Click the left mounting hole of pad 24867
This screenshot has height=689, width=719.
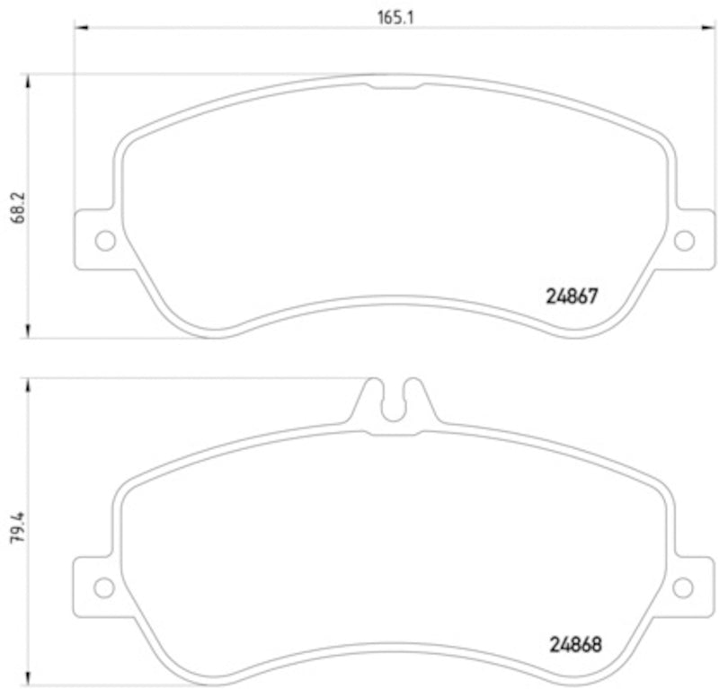[105, 240]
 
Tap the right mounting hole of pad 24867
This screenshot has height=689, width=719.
[684, 240]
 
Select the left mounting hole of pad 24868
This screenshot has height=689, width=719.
[105, 587]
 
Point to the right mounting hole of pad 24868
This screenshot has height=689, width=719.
[683, 587]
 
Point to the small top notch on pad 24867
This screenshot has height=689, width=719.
[394, 85]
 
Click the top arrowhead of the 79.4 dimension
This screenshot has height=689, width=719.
[31, 384]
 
